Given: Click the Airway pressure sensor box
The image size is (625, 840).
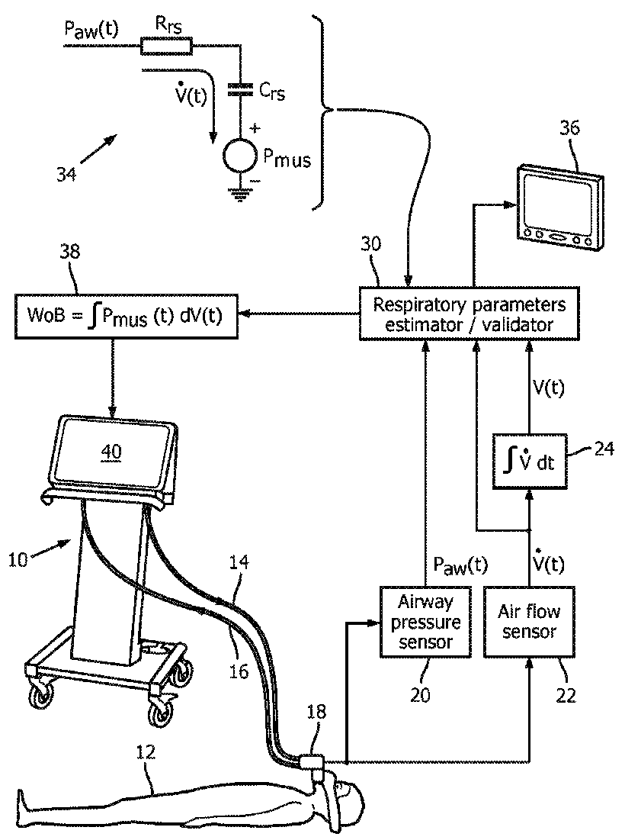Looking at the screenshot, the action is (425, 622).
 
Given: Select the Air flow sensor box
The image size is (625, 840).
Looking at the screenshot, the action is (529, 622).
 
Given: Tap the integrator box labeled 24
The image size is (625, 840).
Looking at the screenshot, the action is (529, 462).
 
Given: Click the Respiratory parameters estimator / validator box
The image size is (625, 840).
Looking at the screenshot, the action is (470, 314).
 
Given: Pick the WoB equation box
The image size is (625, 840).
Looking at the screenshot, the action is (127, 316).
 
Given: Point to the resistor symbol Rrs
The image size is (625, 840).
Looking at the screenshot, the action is (166, 46).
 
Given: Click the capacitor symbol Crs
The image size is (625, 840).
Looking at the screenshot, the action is (240, 89).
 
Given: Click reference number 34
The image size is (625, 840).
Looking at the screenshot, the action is (66, 174).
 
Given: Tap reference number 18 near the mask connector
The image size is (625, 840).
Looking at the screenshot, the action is (316, 711).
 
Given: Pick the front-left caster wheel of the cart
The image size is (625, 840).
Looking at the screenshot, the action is (40, 697).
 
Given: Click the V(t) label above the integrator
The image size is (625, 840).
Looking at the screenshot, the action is (549, 387).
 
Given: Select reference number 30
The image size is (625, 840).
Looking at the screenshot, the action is (370, 243).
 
